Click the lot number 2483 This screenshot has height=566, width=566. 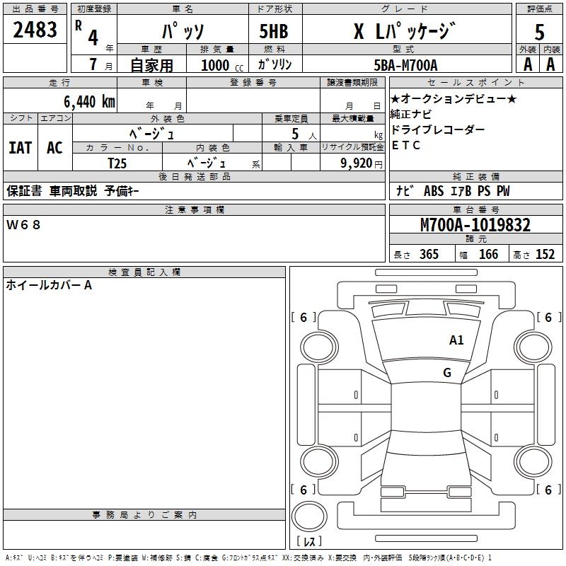click(x=35, y=30)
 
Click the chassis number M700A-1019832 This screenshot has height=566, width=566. click(x=475, y=226)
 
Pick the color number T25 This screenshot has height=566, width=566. click(x=117, y=162)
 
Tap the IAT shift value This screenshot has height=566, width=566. click(x=20, y=147)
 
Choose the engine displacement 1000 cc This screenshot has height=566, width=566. click(x=216, y=65)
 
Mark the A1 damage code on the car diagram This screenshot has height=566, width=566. click(x=456, y=340)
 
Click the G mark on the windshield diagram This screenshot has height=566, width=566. click(x=446, y=373)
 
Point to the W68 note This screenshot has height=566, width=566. click(x=24, y=225)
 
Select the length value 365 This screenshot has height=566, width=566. click(x=428, y=255)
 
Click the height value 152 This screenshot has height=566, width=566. click(x=545, y=255)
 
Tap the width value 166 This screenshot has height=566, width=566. click(x=488, y=255)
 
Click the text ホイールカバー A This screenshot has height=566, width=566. click(x=49, y=286)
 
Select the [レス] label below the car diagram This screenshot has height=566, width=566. click(x=309, y=541)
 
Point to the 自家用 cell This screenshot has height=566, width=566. click(x=151, y=65)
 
